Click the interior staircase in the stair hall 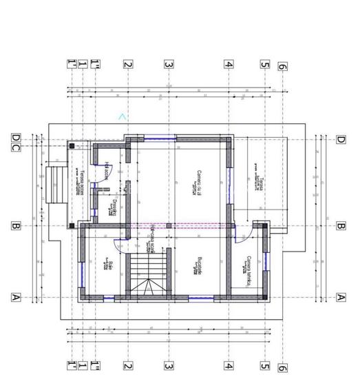tap(149, 274)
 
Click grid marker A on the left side tap(15, 298)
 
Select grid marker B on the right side tap(340, 225)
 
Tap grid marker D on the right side tap(340, 139)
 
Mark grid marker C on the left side tap(26, 139)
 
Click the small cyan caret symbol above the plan tap(123, 116)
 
